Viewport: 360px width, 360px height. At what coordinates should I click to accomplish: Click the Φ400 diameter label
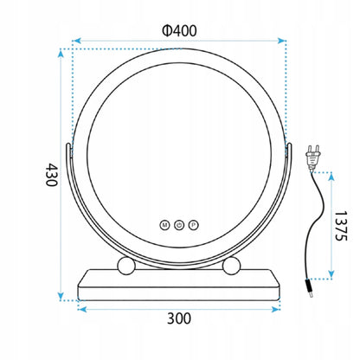[179, 30]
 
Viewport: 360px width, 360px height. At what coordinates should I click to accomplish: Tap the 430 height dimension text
[52, 175]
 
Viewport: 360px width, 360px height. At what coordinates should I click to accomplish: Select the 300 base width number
[179, 318]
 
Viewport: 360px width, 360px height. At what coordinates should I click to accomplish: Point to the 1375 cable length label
[340, 226]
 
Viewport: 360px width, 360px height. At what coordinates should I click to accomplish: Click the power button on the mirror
[179, 225]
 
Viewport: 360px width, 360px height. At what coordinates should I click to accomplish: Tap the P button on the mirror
[194, 225]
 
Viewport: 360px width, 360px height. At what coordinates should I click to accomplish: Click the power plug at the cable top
[313, 157]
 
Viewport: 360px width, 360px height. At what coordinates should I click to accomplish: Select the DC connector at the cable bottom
[310, 288]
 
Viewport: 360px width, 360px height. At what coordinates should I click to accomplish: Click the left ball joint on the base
[125, 265]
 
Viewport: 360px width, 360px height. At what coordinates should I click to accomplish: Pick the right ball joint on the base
[231, 265]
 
